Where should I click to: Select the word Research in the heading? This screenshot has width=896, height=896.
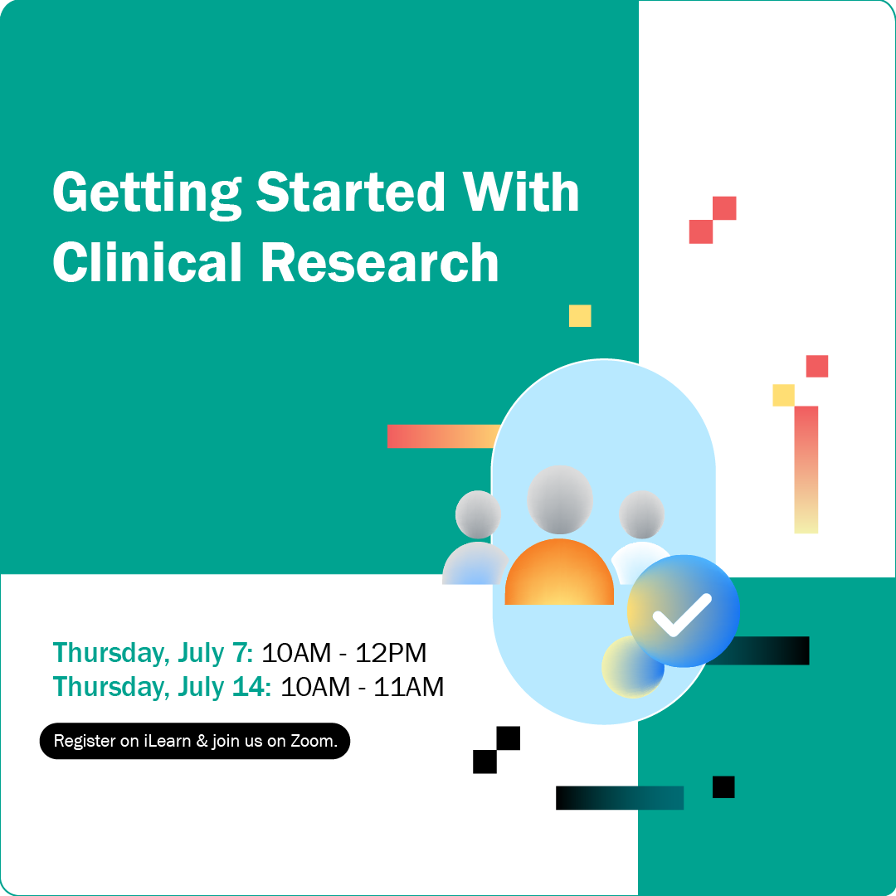pos(380,263)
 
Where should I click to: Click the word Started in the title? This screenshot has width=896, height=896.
pos(350,192)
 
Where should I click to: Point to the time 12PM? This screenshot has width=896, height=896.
pos(391,653)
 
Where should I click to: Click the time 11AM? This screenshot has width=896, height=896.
pos(408,687)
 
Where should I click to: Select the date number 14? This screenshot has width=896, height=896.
pos(249,687)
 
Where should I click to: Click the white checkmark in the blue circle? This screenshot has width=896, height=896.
pos(682,615)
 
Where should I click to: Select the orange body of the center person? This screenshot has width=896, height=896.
pos(559,572)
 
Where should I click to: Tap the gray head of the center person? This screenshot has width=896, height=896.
pos(560,499)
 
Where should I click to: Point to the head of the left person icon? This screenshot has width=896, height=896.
pos(478,514)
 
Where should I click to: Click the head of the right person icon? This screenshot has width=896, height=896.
pos(641,514)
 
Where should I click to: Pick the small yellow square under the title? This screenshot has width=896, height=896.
pos(580,316)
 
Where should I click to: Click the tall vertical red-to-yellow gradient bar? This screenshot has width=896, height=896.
pos(806,470)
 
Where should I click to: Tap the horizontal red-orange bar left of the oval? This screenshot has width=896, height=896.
pos(443,436)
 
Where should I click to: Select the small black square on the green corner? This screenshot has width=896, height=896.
pos(723,786)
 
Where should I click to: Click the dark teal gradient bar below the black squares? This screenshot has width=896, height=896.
pos(620,798)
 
